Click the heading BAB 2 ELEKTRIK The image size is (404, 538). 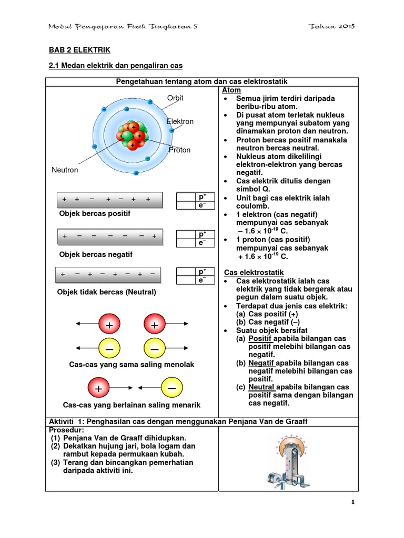tap(79, 50)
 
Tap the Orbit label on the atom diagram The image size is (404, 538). tap(175, 98)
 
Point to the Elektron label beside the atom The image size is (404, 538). tap(180, 121)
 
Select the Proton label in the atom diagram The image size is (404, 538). tap(179, 150)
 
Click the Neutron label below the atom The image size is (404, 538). tap(65, 170)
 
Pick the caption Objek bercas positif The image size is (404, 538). tap(95, 214)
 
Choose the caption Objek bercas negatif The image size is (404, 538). tap(96, 254)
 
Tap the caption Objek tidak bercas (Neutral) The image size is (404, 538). tap(107, 292)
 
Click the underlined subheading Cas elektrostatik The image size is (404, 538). tap(254, 273)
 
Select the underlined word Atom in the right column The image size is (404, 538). tap(233, 90)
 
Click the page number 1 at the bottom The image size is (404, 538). tap(353, 502)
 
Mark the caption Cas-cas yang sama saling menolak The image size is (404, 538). tap(132, 365)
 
